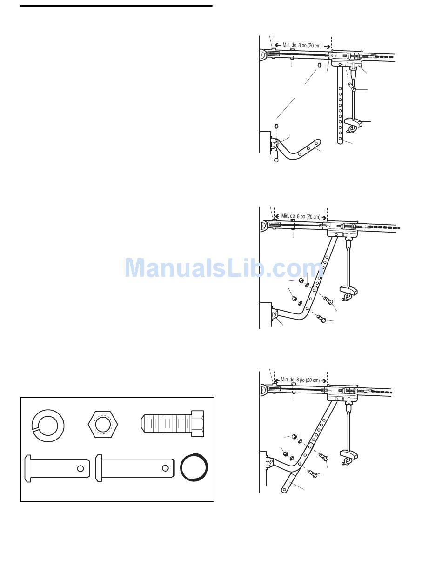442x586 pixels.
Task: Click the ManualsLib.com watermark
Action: [x=223, y=268]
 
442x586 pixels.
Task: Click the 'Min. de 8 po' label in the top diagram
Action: [x=302, y=46]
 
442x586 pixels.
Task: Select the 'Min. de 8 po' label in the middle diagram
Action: [x=301, y=216]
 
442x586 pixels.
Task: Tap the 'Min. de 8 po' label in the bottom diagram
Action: [x=300, y=380]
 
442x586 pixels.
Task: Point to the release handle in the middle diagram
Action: [x=348, y=291]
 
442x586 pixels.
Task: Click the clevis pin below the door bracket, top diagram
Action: [x=276, y=156]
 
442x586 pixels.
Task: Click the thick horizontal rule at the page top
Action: [x=116, y=6]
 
